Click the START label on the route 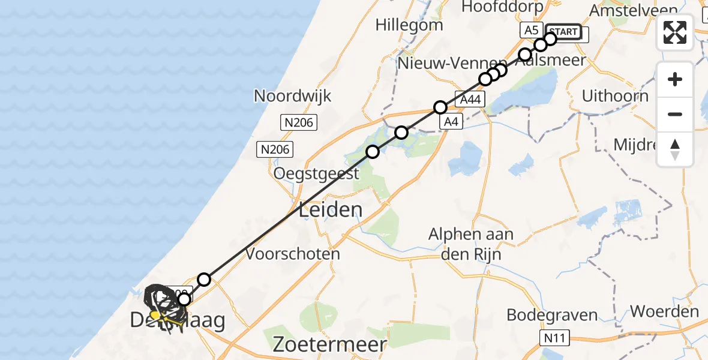pos(563,32)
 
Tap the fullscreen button pos(675,32)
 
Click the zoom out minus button pos(675,114)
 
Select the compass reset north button pos(675,149)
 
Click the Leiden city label pos(331,210)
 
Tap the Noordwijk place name pos(292,96)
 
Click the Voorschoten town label pos(293,254)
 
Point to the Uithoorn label pos(615,96)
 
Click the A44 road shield pos(470,100)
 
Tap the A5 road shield pos(531,30)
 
